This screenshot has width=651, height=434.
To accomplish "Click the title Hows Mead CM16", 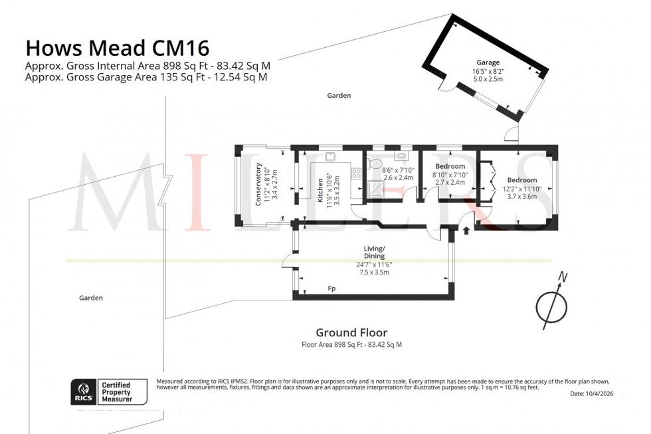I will pyautogui.click(x=117, y=48).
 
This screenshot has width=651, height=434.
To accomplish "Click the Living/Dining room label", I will pyautogui.click(x=374, y=252).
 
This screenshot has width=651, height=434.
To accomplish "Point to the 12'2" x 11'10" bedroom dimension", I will pyautogui.click(x=522, y=189).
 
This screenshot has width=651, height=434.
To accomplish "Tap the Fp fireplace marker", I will pyautogui.click(x=331, y=289).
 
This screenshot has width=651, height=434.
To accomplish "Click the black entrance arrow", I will pyautogui.click(x=466, y=231).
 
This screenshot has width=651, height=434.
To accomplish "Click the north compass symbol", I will pyautogui.click(x=552, y=304).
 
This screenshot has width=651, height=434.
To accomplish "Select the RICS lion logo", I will pyautogui.click(x=84, y=391).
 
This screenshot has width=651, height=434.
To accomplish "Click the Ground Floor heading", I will pyautogui.click(x=351, y=333).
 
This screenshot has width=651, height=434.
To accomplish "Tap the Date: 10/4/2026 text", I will pyautogui.click(x=596, y=395).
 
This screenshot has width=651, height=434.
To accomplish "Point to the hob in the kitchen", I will pyautogui.click(x=356, y=173).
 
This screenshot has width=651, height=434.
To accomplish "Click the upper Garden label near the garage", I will pyautogui.click(x=339, y=96).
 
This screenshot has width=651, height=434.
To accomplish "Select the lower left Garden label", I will pyautogui.click(x=90, y=298).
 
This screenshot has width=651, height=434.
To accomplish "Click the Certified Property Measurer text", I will pyautogui.click(x=116, y=391).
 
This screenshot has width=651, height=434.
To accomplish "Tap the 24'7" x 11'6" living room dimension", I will pyautogui.click(x=374, y=265).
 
